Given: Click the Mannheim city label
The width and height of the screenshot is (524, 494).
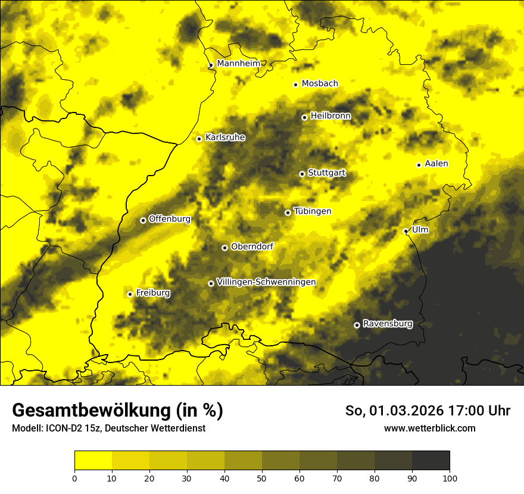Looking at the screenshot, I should [x=238, y=64].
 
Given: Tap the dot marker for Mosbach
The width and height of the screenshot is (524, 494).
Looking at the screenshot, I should [x=295, y=85].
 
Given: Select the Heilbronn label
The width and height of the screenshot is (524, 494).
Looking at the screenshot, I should [x=330, y=116].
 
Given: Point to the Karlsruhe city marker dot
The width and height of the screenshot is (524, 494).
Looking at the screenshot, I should [x=199, y=139].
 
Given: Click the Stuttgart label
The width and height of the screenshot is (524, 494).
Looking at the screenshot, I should [x=326, y=173].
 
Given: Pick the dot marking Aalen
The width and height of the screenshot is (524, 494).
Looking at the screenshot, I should [x=419, y=165].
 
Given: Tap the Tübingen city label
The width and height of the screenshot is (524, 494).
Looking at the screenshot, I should [x=313, y=211].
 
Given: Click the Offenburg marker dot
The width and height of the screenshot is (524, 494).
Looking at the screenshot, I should [x=143, y=220].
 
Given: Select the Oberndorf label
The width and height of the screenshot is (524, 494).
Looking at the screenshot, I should [x=252, y=246].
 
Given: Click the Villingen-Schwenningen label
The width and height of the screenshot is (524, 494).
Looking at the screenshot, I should [x=266, y=282].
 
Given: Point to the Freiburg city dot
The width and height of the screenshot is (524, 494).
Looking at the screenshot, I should [x=130, y=294].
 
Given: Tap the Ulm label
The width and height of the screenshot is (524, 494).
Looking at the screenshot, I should [x=420, y=230].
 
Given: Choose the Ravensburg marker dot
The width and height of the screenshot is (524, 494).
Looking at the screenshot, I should [x=357, y=325].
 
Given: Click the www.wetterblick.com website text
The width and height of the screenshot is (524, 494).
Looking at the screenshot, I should [x=429, y=428].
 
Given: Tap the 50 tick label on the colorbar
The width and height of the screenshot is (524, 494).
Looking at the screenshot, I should [x=262, y=478].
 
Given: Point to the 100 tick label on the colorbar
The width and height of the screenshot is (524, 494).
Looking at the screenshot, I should [x=450, y=478].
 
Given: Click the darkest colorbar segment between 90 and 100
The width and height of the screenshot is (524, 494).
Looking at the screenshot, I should [x=431, y=461].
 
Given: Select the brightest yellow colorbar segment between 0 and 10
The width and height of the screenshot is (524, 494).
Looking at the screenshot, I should [x=93, y=461].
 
